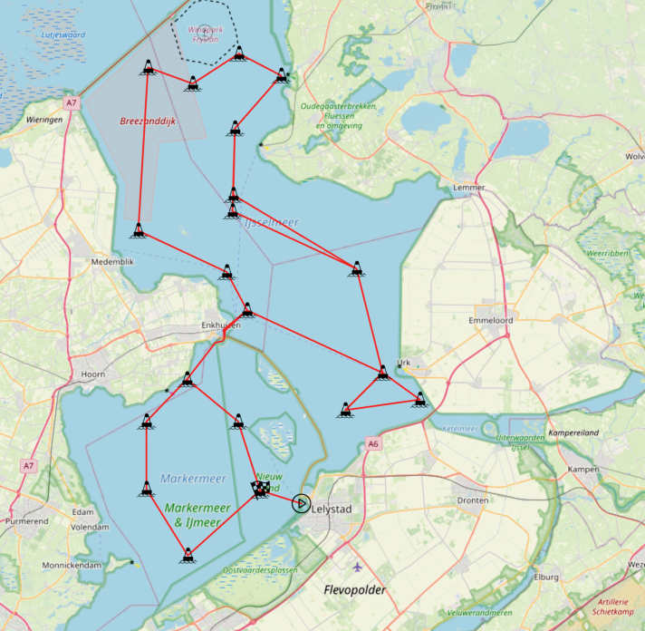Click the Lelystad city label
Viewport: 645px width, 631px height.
tap(331, 510)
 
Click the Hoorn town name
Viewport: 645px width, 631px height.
tap(93, 374)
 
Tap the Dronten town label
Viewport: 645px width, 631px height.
tap(472, 500)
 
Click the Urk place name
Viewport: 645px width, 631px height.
tap(404, 363)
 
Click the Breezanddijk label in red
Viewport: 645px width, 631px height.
tap(148, 121)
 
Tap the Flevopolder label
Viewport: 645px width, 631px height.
tap(355, 590)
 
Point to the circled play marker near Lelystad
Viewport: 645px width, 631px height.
tap(301, 503)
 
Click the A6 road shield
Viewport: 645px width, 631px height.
tap(373, 443)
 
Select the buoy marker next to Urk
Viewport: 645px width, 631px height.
tap(383, 371)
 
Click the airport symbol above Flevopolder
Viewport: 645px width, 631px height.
tap(357, 568)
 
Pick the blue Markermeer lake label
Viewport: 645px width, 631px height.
tap(193, 478)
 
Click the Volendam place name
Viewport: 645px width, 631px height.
tap(90, 527)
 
